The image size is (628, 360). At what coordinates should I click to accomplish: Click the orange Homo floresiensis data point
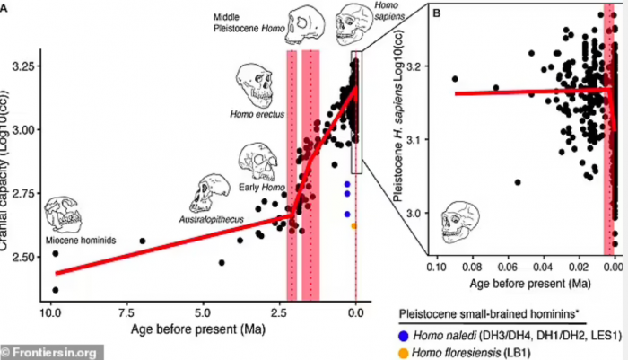tap(353, 225)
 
